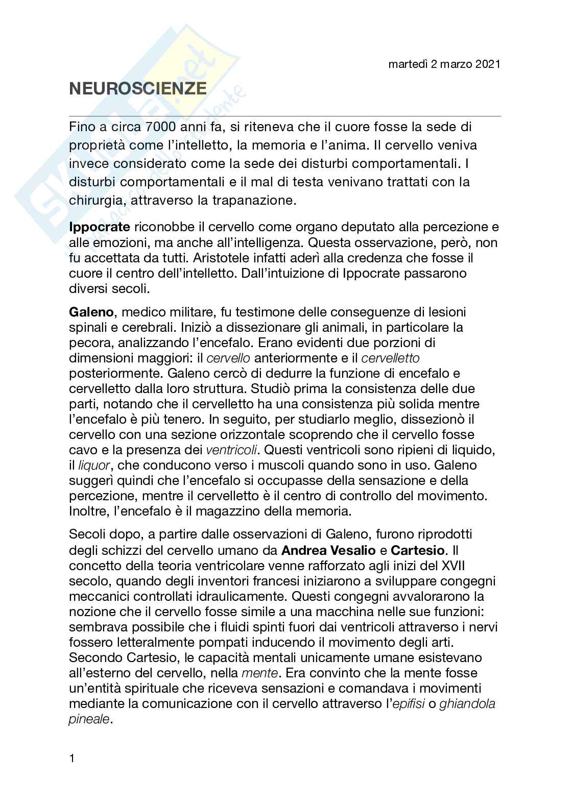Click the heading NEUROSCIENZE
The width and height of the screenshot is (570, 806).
coord(138,89)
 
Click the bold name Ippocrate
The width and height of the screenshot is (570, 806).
coord(100,227)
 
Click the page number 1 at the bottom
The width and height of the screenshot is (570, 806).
coord(72,773)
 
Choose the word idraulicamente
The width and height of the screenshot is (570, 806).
coord(225,597)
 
